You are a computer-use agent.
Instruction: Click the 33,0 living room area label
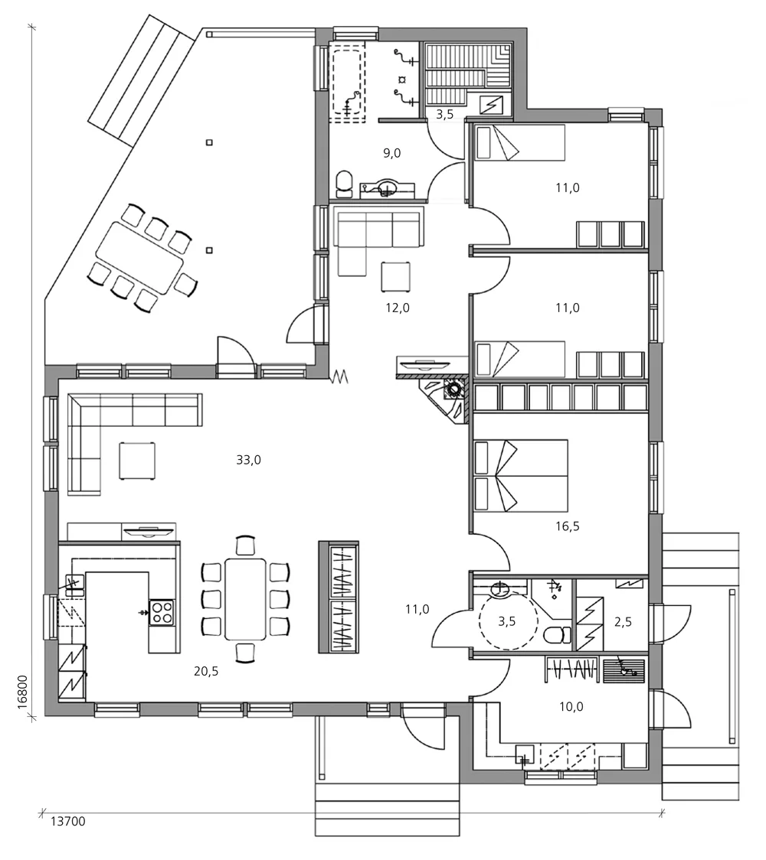(x=249, y=460)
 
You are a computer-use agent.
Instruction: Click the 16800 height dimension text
(x=22, y=692)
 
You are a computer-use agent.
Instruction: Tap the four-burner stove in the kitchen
(x=162, y=612)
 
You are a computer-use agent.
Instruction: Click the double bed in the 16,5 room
(x=521, y=475)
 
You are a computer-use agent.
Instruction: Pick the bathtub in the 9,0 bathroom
(x=348, y=81)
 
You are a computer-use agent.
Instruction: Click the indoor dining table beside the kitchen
(x=245, y=599)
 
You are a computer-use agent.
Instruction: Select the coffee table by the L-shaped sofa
(x=138, y=461)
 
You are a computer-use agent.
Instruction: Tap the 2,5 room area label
(x=624, y=621)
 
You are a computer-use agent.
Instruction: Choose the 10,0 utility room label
(x=571, y=706)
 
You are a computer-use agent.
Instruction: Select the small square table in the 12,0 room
(x=396, y=275)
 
